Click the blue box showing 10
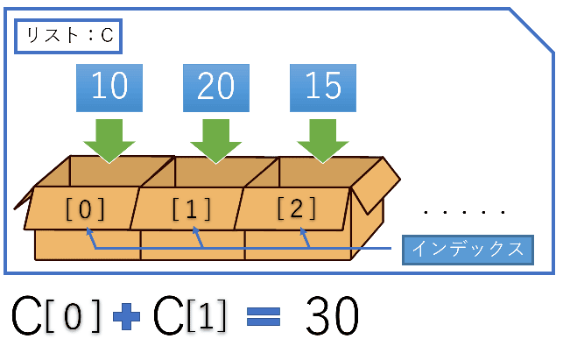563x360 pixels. click(x=109, y=88)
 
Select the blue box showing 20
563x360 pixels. click(x=216, y=88)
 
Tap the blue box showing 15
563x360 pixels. click(x=323, y=88)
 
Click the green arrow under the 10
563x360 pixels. click(x=109, y=141)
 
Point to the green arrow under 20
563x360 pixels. click(x=215, y=141)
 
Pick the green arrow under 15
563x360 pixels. click(x=323, y=141)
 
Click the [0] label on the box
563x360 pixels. click(x=85, y=208)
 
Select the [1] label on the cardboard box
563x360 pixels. click(x=192, y=208)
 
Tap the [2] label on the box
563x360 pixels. click(x=297, y=208)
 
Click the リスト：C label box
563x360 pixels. click(x=68, y=36)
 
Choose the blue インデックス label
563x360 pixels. click(x=468, y=250)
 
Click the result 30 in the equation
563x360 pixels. click(x=332, y=316)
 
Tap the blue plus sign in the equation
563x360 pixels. click(x=126, y=316)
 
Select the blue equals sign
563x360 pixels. click(x=264, y=317)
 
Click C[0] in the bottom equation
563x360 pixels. click(x=56, y=316)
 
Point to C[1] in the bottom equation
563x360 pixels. click(x=190, y=316)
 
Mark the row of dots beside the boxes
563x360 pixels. click(x=465, y=212)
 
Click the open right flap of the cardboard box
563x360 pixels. click(x=376, y=186)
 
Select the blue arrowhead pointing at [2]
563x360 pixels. click(x=303, y=232)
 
